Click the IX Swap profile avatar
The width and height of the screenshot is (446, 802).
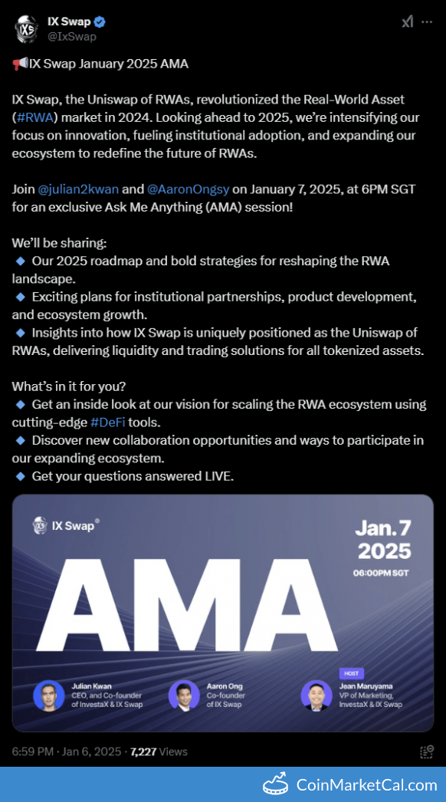(x=27, y=28)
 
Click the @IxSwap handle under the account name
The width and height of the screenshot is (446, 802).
(x=71, y=36)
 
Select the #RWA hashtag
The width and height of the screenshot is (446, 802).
(x=34, y=117)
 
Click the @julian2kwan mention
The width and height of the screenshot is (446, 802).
(x=78, y=189)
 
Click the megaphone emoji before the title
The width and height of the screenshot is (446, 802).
(x=20, y=64)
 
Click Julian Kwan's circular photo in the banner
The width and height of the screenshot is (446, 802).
(x=49, y=695)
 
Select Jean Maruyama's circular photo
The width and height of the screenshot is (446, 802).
(x=316, y=695)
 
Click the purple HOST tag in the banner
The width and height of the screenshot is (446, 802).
(x=351, y=673)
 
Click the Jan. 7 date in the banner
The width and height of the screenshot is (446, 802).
(x=382, y=528)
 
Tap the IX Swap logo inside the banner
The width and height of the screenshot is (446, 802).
(x=65, y=525)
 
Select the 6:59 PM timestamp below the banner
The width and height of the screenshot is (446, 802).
(x=33, y=751)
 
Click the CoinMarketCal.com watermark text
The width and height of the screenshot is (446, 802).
(x=366, y=784)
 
